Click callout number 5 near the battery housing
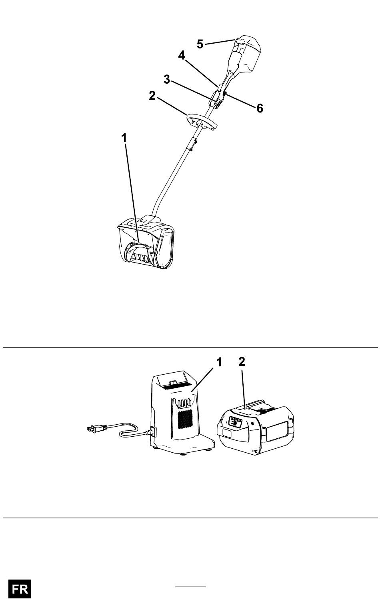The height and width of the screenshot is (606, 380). tap(200, 44)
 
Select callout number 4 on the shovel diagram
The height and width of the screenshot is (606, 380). tap(182, 55)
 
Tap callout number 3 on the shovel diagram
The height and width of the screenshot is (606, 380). tap(167, 79)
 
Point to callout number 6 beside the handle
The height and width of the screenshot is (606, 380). tap(260, 108)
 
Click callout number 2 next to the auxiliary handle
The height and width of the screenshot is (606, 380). tap(152, 96)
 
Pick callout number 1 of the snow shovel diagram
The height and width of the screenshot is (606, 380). tap(124, 138)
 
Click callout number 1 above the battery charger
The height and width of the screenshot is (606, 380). tap(219, 362)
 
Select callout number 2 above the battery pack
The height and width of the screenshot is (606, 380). tap(242, 362)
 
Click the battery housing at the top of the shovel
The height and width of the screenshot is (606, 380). tap(248, 54)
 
